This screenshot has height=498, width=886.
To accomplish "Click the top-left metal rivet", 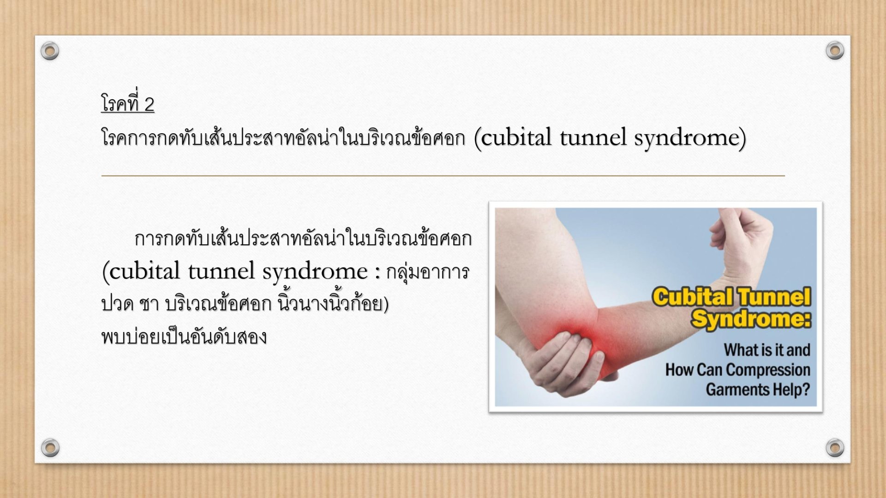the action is pos(50,51).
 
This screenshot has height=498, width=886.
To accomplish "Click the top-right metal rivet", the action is pos(835,50).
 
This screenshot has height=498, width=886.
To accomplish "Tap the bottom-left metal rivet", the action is pos(50,447).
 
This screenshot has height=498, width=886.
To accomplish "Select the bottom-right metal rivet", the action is pos(835,447).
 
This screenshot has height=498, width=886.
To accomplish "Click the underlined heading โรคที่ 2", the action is pos(128,103).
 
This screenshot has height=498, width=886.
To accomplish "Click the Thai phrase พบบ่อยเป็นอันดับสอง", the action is pos(184,337).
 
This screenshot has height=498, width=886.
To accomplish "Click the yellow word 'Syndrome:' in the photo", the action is pos(751,319).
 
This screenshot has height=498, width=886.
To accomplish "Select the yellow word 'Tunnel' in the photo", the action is pos(773,297).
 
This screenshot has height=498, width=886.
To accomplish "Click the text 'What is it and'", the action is pos(767,350).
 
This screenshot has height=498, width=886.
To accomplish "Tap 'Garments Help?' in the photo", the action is pos(758,390).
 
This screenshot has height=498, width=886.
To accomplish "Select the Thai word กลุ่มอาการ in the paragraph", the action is pos(428,273).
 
